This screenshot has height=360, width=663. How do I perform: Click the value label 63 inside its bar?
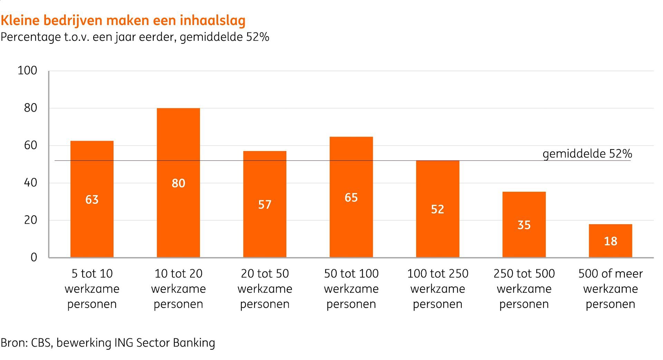coord(92,200)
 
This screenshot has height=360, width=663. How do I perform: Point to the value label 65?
coord(351,197)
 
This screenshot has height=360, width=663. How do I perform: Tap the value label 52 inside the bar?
coord(438,209)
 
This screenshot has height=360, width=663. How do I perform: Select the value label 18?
coord(610,241)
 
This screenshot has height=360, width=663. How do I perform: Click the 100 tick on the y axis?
coord(27,71)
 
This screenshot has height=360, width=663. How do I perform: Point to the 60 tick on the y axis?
coord(30,145)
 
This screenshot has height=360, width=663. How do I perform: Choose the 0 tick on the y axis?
coord(34,257)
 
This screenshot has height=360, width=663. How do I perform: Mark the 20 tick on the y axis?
coord(30,220)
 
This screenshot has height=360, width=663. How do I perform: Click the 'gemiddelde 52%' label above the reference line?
coord(587,154)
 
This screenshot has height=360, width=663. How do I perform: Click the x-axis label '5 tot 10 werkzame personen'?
coord(92,289)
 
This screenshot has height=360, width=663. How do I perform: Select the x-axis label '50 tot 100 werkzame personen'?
coord(351,289)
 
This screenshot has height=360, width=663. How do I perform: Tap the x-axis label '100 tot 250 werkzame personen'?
coord(438,289)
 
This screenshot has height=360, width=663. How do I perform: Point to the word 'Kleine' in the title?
coord(20,21)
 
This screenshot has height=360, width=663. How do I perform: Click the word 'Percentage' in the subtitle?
coord(30,37)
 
